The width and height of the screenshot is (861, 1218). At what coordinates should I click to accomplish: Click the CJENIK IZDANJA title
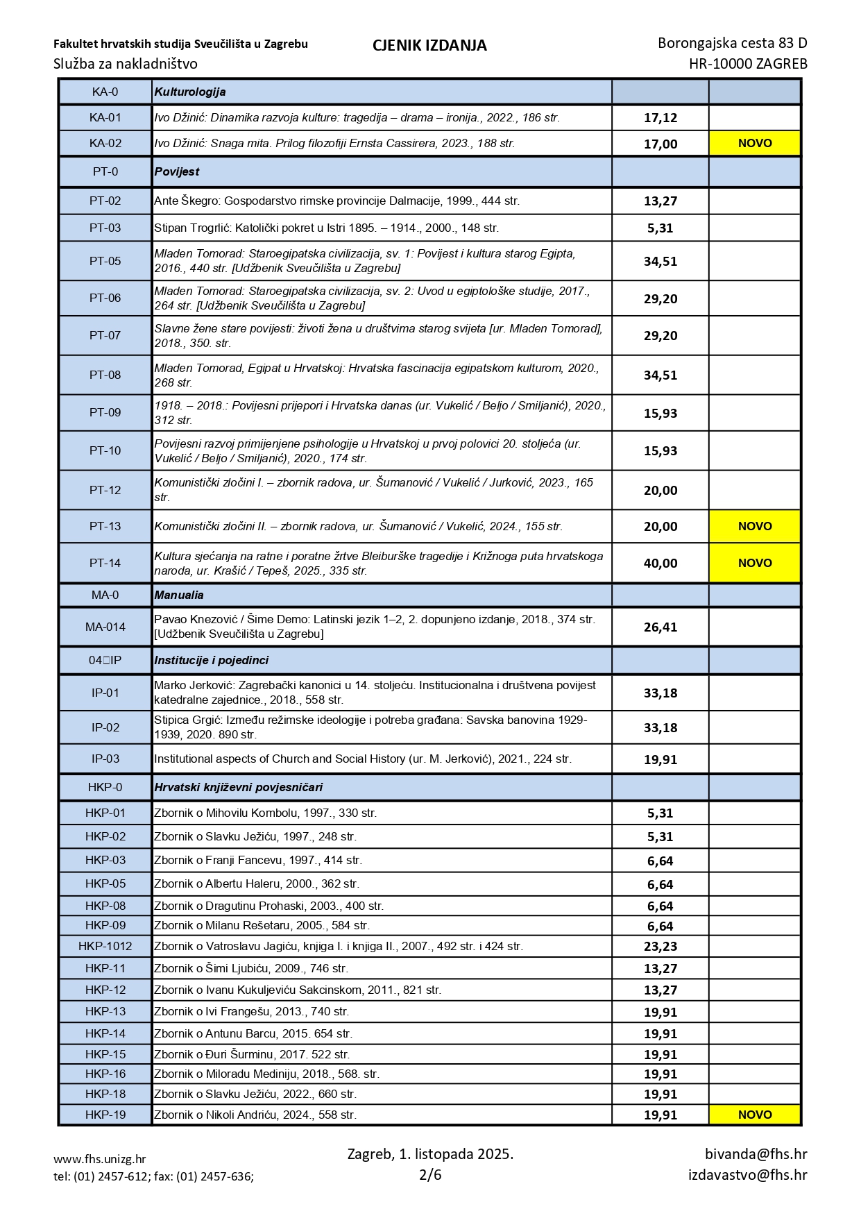[429, 46]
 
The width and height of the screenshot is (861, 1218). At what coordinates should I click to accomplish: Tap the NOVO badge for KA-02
[754, 144]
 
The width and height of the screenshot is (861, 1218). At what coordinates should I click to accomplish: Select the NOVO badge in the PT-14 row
[754, 563]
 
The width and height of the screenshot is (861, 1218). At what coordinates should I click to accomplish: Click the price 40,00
[660, 564]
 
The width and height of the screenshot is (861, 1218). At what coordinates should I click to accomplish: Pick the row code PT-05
[105, 261]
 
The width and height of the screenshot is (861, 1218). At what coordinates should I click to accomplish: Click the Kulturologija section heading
[190, 92]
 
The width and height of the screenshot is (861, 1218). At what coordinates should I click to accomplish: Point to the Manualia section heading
[179, 595]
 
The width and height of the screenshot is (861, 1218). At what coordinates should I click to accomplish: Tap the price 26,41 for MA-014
[660, 627]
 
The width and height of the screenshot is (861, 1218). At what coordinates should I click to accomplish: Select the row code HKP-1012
[105, 946]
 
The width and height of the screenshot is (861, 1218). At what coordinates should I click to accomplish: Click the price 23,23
[660, 947]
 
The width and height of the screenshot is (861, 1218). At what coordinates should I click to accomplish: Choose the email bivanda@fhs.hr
[756, 1154]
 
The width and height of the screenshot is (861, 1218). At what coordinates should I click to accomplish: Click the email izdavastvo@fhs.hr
[747, 1175]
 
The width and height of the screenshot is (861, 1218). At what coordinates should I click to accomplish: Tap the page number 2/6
[430, 1175]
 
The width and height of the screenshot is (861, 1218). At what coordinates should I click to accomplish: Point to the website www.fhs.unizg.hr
[100, 1159]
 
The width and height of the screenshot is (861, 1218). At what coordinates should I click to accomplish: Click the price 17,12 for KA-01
[660, 118]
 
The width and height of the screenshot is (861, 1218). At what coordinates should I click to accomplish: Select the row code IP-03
[105, 759]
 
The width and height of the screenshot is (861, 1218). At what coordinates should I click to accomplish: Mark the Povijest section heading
[177, 171]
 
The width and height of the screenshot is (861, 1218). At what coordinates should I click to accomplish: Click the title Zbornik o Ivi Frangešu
[251, 1011]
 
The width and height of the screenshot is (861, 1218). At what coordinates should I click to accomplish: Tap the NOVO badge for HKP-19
[754, 1115]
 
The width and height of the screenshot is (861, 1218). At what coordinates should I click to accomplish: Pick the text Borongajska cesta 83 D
[732, 43]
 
